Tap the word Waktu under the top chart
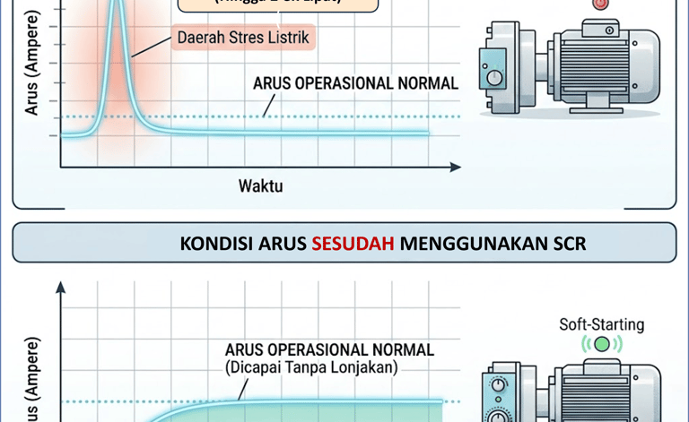tap(261, 186)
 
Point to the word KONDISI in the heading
tap(214, 244)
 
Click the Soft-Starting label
tap(601, 324)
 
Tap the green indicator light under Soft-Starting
tap(601, 343)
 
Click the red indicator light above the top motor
tap(600, 4)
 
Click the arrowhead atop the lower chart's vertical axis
tap(61, 288)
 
